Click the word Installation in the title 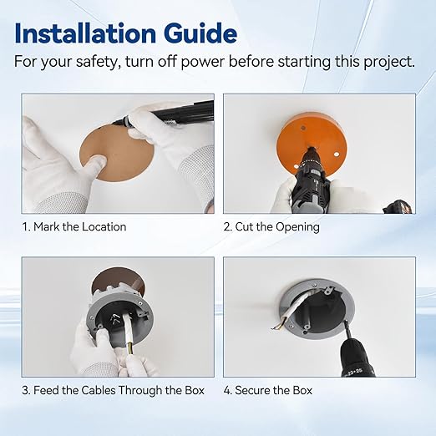(85, 33)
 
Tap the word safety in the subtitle (97, 62)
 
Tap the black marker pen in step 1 (165, 114)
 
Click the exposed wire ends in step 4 (276, 327)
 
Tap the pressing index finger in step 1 (94, 165)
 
